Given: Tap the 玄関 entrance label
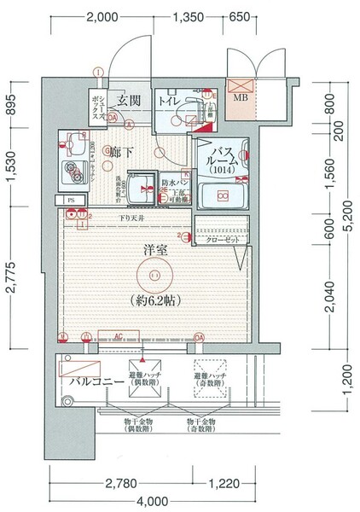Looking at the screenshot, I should click(x=129, y=101).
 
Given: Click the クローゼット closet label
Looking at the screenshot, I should click(x=221, y=240).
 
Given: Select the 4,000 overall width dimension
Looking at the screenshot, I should click(x=154, y=501).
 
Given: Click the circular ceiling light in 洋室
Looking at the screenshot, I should click(x=154, y=275).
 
